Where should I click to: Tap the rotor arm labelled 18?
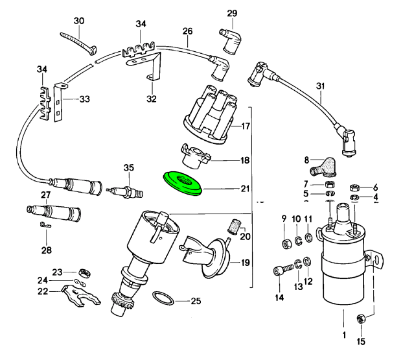tap(191, 156)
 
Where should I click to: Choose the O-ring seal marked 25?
tap(164, 299)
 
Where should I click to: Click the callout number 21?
tap(244, 189)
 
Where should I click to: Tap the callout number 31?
tap(319, 86)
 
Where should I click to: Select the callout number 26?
tap(188, 31)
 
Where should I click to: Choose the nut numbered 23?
tap(83, 272)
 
